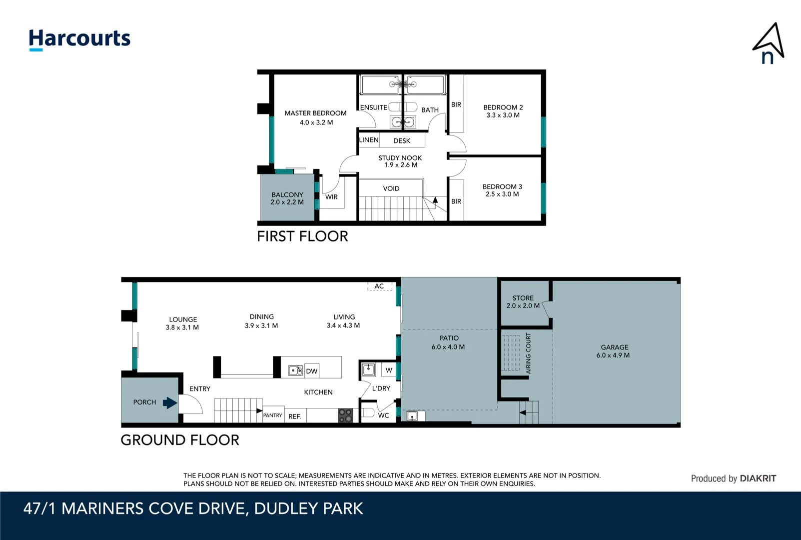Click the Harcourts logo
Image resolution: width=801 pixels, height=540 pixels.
pos(79,39)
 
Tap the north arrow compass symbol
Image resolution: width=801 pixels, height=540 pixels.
pos(769,44)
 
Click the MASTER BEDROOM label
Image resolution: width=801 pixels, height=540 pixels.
pos(315,113)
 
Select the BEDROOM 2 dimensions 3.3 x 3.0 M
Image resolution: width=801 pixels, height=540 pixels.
pos(503,115)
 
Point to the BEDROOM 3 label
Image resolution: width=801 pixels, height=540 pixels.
pos(502,186)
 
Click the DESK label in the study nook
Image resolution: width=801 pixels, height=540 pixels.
pos(402,141)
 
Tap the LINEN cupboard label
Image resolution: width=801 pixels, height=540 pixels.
pos(369,140)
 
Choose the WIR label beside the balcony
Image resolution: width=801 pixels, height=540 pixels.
pos(331,197)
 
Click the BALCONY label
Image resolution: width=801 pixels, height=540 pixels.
pos(287,194)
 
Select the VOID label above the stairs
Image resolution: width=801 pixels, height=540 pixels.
pos(391,188)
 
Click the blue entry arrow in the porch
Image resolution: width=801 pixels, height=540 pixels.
pos(170,402)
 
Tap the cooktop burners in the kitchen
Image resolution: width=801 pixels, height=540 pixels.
pos(345,415)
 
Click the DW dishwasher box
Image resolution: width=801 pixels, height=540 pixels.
pos(312,371)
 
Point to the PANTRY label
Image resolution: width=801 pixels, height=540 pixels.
pos(273,415)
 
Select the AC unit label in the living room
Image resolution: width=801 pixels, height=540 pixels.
pos(379,286)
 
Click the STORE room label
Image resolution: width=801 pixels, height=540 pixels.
pos(523,298)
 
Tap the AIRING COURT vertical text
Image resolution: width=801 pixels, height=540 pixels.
pos(529,353)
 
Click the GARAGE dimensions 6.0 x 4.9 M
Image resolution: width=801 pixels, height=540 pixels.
pos(613,355)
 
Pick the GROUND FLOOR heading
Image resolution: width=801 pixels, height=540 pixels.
pos(180,440)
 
